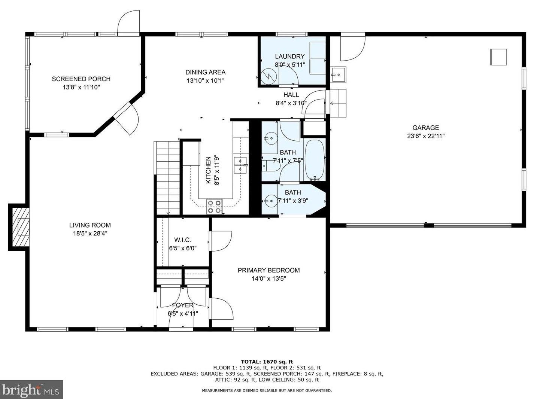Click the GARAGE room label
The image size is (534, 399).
point(425,128)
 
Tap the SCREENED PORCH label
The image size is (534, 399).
point(81,79)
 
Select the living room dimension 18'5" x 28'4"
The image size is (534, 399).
point(90,234)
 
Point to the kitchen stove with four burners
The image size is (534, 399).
point(214,207)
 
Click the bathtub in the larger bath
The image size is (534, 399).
point(315,160)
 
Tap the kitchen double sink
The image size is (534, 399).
point(240,165)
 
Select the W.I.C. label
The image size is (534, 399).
point(182,240)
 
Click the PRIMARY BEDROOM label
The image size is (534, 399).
point(268,270)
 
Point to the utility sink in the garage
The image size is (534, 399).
point(339,74)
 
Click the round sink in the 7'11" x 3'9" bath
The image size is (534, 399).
point(270,201)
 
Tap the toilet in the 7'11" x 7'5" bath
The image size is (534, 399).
point(271,166)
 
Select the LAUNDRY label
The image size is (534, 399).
point(290,57)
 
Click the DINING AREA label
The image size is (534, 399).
point(205,72)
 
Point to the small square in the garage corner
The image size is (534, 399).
point(498,57)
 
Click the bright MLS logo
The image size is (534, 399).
point(31,390)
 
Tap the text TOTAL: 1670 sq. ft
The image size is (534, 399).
point(267,362)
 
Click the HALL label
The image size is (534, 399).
point(291,95)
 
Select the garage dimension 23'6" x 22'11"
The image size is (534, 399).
point(426,136)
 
